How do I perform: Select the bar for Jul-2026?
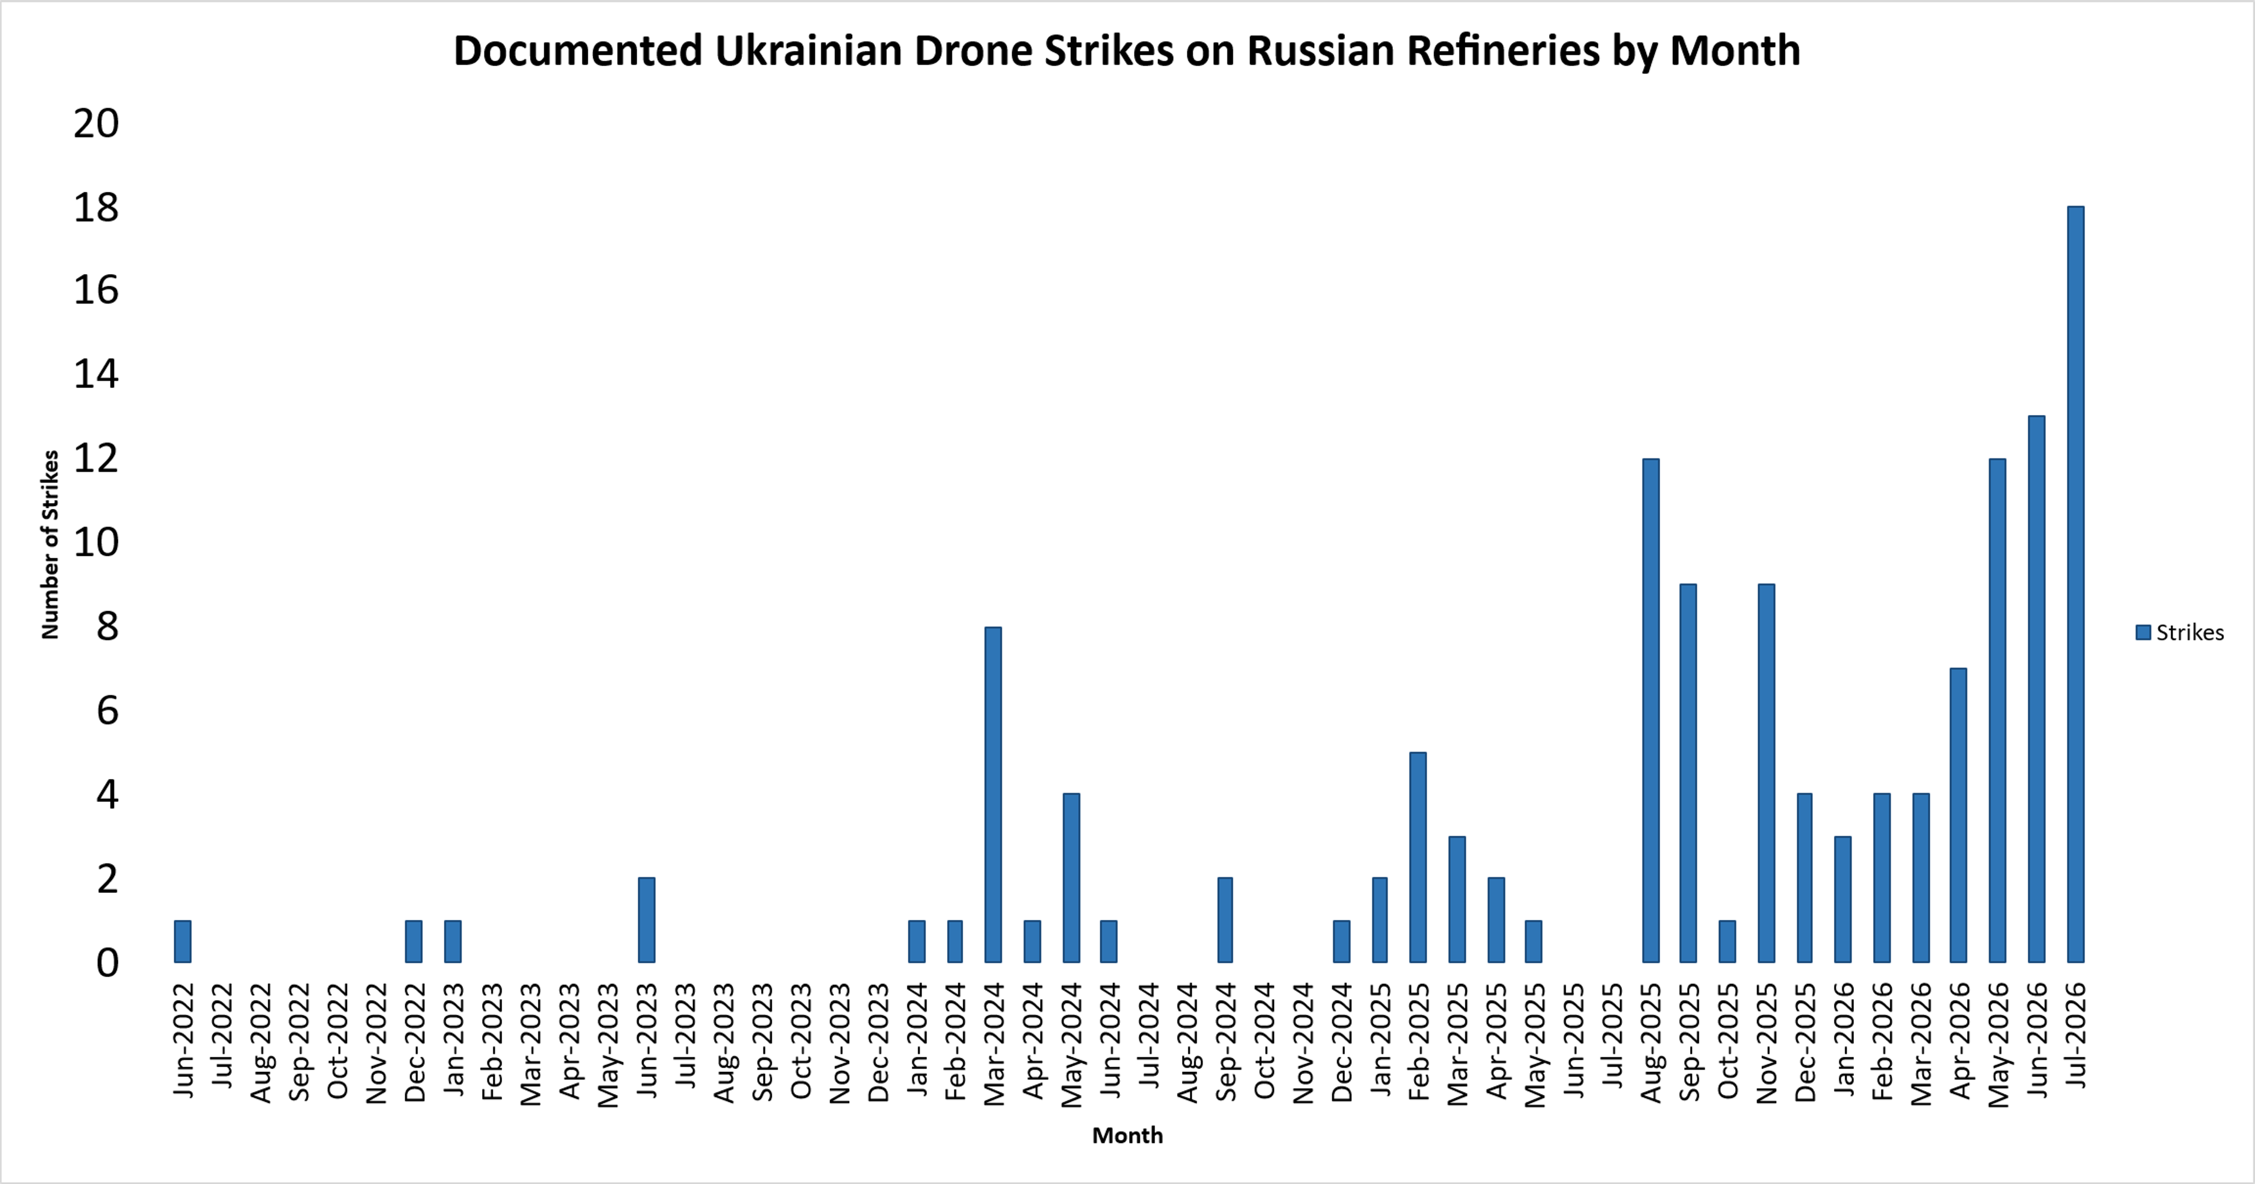pos(2075,585)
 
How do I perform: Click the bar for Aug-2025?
pos(1651,710)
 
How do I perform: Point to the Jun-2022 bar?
pos(182,942)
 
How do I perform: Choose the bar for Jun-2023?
pos(646,920)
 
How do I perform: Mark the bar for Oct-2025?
pos(1727,942)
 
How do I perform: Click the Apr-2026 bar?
pos(1959,815)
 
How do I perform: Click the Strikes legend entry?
pos(2180,633)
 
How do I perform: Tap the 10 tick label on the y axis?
pos(96,542)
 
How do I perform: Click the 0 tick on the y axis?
pos(107,963)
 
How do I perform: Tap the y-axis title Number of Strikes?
pos(50,544)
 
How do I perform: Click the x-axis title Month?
pos(1127,1135)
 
